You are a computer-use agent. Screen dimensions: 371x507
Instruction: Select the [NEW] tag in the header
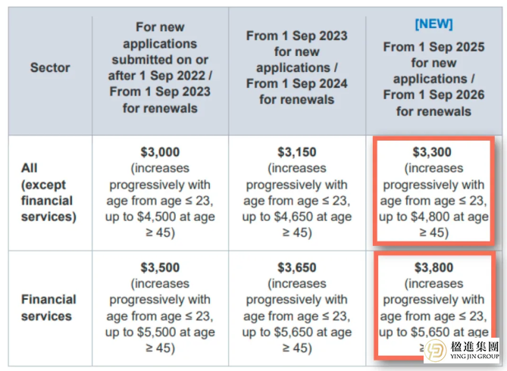433,24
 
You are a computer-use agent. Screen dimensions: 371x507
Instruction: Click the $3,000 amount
160,152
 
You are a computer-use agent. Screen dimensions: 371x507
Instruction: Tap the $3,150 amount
296,152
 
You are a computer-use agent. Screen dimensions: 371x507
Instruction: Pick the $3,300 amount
433,152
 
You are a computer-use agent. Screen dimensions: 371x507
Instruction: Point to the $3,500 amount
160,267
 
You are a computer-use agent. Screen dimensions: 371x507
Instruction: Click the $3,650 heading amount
296,267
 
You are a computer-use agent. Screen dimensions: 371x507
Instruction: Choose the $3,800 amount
433,267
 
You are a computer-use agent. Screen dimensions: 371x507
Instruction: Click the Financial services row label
47,307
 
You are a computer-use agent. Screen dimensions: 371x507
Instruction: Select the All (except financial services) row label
47,192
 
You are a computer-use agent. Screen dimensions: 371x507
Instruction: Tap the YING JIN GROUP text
476,360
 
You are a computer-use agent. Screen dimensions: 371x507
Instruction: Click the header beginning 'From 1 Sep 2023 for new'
296,67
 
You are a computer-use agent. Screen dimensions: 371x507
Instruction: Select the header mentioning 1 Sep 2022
160,67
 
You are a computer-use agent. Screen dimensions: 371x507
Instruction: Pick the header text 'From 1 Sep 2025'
433,46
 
